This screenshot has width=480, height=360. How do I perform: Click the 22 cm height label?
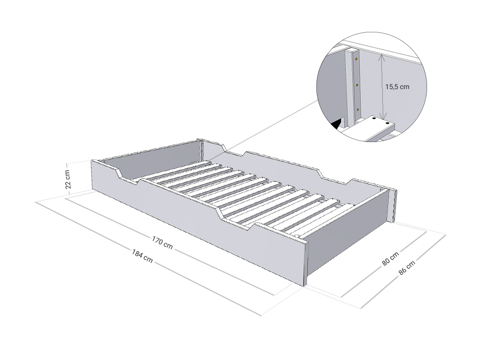point(68,179)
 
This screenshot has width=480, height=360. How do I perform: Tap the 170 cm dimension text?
point(162,242)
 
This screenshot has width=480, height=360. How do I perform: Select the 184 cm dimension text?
point(142,256)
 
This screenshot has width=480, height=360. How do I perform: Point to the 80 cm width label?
point(390,259)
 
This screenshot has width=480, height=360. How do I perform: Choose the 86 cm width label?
point(407,268)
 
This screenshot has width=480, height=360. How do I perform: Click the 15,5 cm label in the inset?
point(397,87)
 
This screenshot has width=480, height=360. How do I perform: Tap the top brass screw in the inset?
point(356,59)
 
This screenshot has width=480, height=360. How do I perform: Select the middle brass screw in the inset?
point(357,84)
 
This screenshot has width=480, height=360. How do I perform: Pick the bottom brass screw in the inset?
point(357,109)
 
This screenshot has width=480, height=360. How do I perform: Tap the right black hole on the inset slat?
point(388,123)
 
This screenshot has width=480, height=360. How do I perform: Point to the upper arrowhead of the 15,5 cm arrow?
point(381,56)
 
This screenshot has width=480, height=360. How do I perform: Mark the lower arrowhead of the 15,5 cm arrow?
point(382,117)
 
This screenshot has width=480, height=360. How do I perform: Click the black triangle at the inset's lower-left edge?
point(337,124)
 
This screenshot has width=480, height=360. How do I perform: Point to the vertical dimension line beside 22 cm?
point(71,178)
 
